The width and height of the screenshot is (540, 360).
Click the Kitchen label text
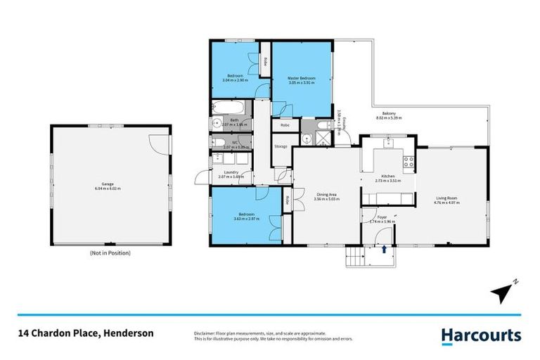pos(388,176)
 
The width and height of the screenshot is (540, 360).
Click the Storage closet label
pos(281,146)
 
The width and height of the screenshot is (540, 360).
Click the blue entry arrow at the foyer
pos(384,248)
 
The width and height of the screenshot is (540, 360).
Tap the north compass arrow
pos(501,290)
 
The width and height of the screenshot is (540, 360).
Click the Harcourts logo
pos(481,335)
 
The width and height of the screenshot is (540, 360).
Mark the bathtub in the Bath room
pos(229,110)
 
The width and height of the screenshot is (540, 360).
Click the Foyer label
pos(382,217)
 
